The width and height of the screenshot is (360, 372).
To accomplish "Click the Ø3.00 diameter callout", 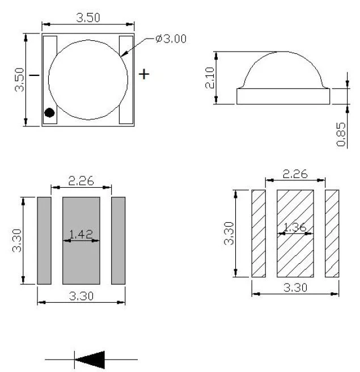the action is (171, 39).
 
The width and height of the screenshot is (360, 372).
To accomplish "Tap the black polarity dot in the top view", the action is (49, 112).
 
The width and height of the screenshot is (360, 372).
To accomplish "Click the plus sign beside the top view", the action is (144, 74).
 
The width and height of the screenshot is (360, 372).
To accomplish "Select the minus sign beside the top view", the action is (35, 75).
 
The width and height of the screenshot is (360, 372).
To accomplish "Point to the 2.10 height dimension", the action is (210, 78).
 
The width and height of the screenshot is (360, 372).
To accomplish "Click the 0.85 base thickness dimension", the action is (341, 134).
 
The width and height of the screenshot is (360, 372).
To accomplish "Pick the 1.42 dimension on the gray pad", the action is (81, 234).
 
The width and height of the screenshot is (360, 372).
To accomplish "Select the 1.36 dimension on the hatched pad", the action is (295, 227).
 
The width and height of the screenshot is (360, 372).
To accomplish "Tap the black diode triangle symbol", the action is (90, 360).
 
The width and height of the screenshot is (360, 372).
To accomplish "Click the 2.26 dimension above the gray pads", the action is (81, 181).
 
